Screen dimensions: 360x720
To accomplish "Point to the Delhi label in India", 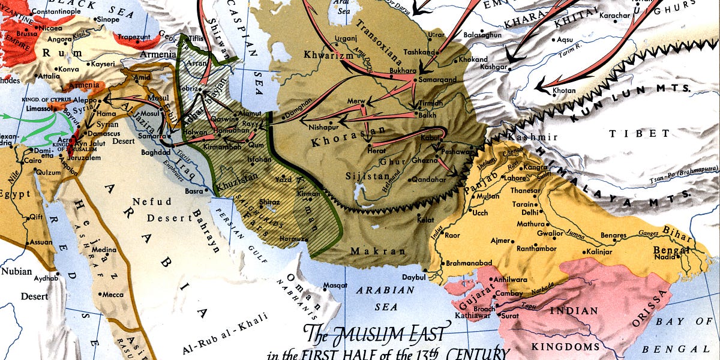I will (x=529, y=212).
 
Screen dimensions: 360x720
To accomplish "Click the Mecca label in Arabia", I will (x=113, y=295).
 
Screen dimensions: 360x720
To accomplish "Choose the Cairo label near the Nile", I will (x=32, y=161).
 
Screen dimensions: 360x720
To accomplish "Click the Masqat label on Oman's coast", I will (x=335, y=285).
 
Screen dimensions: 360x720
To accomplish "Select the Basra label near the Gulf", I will (x=193, y=191).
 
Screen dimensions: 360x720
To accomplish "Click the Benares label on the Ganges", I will (x=611, y=235).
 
